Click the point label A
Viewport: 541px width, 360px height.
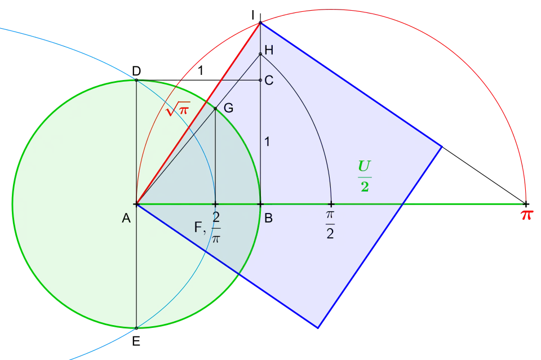point(126,219)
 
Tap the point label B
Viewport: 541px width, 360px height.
point(269,219)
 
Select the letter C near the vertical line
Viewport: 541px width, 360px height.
point(269,81)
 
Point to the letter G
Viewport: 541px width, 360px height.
point(228,108)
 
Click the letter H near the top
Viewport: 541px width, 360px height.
point(269,50)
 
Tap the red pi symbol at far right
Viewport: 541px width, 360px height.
point(526,215)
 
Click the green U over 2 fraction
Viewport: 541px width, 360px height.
point(365,176)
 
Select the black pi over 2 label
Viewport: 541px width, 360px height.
point(330,224)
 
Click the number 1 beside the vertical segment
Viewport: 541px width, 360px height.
point(267,142)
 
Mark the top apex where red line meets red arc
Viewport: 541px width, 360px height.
point(260,23)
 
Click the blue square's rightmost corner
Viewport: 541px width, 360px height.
point(442,146)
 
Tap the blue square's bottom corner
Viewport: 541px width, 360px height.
point(319,328)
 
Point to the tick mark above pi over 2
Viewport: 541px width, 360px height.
point(331,204)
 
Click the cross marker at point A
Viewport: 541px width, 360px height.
point(136,204)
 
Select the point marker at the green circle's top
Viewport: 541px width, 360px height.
point(136,79)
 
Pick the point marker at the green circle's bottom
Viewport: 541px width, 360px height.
point(136,328)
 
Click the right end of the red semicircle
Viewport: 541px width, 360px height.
point(526,203)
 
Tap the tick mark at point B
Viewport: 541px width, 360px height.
point(260,204)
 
